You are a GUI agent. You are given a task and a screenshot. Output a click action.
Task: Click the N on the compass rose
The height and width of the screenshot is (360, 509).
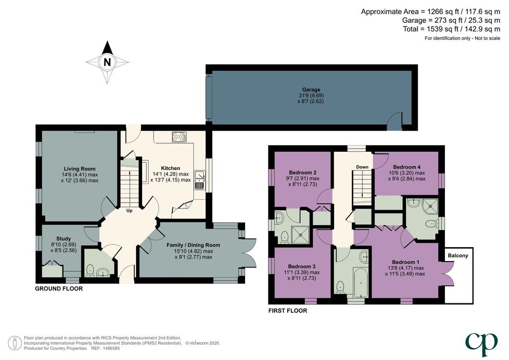pyautogui.click(x=107, y=62)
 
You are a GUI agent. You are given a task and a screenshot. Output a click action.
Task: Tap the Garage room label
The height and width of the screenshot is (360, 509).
pyautogui.click(x=311, y=90)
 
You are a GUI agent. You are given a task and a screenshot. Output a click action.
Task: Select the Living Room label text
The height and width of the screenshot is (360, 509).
pyautogui.click(x=80, y=169)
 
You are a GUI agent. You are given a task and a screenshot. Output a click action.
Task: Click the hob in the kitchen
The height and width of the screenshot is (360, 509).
pyautogui.click(x=179, y=137)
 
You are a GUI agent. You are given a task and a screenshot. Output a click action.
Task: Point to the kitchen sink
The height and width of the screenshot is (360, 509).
pyautogui.click(x=199, y=180)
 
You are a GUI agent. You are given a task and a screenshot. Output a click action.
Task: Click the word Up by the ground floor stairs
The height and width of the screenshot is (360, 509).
pyautogui.click(x=129, y=211)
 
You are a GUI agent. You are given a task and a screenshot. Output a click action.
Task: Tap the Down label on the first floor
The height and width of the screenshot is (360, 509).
pyautogui.click(x=362, y=167)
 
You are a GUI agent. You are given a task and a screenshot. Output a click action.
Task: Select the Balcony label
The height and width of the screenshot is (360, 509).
pyautogui.click(x=458, y=256)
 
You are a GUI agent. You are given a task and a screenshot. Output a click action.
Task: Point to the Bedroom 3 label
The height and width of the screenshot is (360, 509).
pyautogui.click(x=302, y=267)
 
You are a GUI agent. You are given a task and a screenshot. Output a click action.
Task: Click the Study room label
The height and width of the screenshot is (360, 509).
pyautogui.click(x=63, y=239)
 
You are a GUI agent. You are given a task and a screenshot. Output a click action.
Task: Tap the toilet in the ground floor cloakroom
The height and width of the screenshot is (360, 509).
pyautogui.click(x=90, y=270)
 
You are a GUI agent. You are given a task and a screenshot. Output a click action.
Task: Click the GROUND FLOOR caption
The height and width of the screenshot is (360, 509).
pyautogui.click(x=59, y=288)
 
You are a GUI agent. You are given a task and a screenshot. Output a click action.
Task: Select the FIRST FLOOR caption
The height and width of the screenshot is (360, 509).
pyautogui.click(x=288, y=311)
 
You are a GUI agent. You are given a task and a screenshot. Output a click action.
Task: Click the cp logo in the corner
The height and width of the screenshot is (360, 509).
pyautogui.click(x=481, y=344)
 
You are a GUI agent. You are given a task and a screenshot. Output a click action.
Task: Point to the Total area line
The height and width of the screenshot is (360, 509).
pyautogui.click(x=451, y=29)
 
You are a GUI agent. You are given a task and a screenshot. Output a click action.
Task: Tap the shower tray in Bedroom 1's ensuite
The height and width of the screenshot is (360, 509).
pyautogui.click(x=431, y=206)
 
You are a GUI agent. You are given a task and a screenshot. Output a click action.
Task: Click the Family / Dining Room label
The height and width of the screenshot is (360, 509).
pyautogui.click(x=193, y=245)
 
